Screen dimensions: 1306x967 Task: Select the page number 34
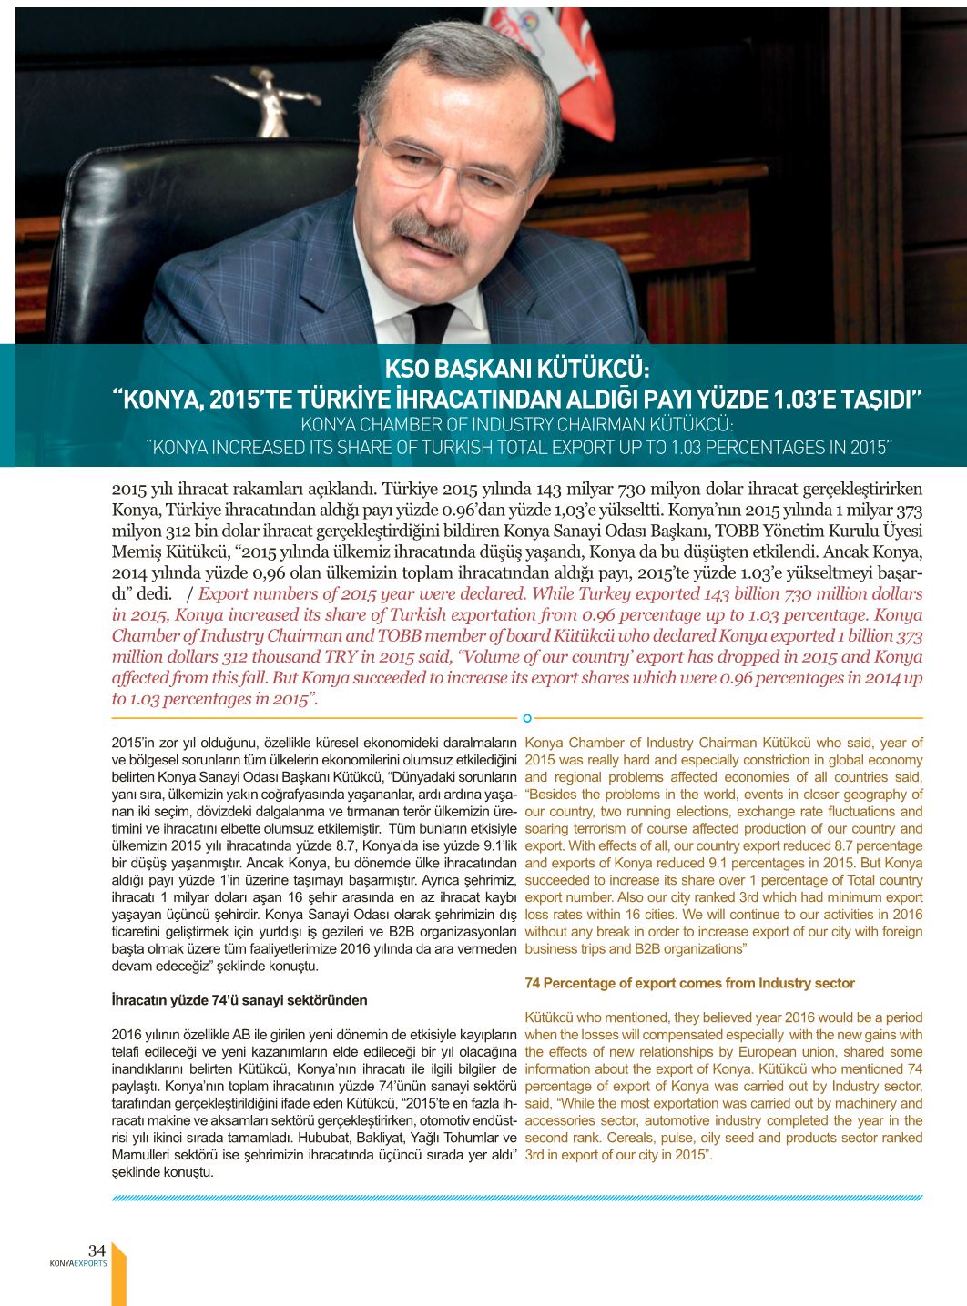click(97, 1250)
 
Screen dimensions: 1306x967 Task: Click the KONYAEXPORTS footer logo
click(78, 1263)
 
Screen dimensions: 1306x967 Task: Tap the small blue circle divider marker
click(527, 718)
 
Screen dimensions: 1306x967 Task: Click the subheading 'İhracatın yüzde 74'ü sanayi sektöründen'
click(239, 1000)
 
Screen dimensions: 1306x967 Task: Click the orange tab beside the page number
click(118, 1274)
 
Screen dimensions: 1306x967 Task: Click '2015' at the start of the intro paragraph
click(129, 489)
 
